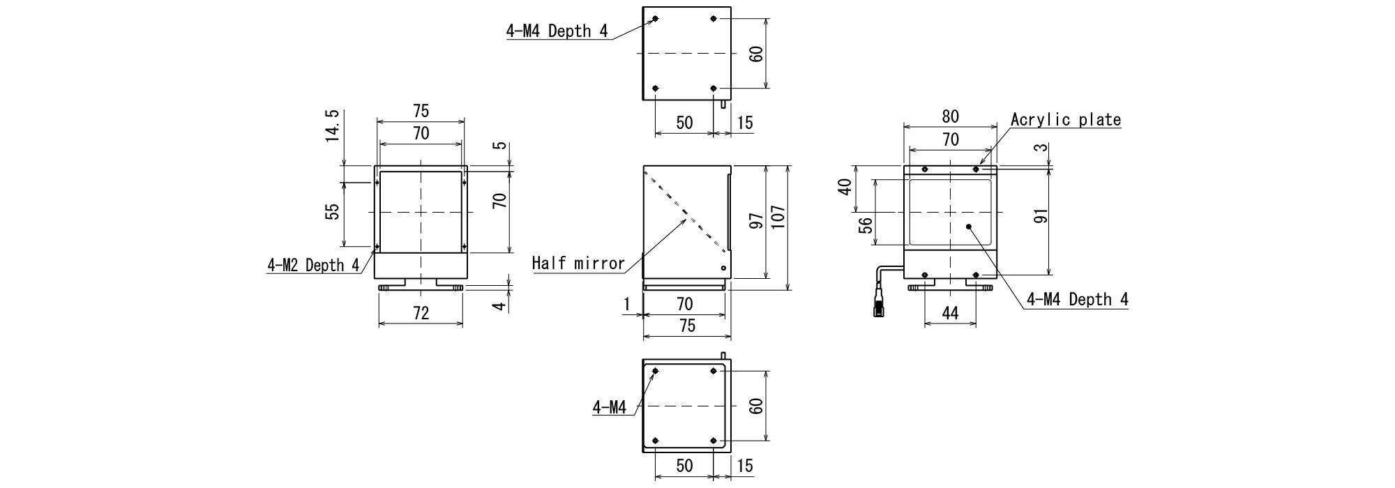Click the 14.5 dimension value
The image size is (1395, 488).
click(x=332, y=125)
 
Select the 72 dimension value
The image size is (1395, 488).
click(x=421, y=313)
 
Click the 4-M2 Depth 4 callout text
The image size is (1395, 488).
click(x=314, y=265)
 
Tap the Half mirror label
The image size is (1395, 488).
click(x=578, y=263)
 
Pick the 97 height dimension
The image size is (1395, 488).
click(x=755, y=221)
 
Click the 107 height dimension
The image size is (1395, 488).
click(x=779, y=218)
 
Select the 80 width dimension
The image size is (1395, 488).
click(x=950, y=116)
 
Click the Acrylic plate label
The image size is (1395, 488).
click(x=1066, y=119)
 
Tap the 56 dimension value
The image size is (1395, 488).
click(x=865, y=225)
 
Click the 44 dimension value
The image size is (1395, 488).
click(x=950, y=313)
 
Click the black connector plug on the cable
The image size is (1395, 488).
click(x=878, y=307)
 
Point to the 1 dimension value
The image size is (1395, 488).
click(x=627, y=303)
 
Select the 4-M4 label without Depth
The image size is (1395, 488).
click(x=610, y=406)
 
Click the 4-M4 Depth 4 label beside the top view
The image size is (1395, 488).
click(x=557, y=31)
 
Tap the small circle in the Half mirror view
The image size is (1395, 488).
click(x=723, y=268)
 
